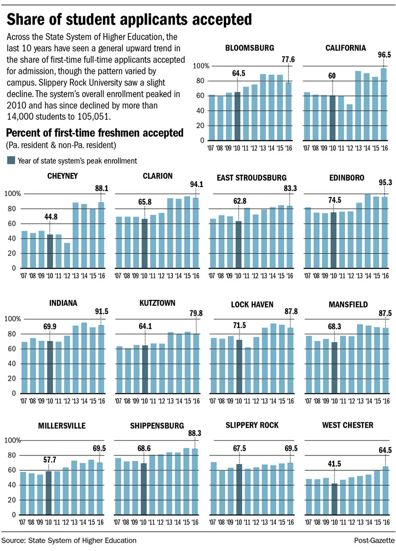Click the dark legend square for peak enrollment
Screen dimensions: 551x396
tap(11, 160)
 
